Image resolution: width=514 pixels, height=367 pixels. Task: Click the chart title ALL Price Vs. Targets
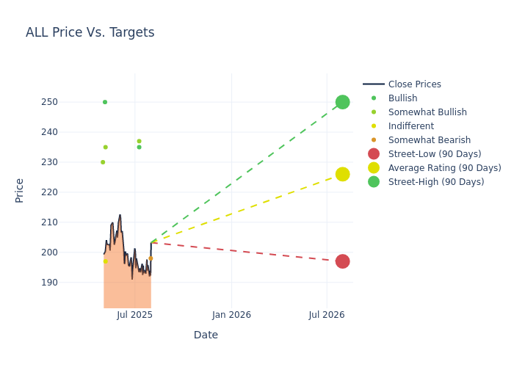pos(90,32)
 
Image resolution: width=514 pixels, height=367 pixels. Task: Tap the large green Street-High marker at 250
pos(342,102)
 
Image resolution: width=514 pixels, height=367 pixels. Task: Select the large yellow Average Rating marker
pos(342,174)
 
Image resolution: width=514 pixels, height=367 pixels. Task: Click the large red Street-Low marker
pos(342,261)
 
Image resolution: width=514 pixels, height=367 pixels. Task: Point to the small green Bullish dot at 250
pos(105,102)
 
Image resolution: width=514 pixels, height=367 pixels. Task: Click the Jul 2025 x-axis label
pos(134,315)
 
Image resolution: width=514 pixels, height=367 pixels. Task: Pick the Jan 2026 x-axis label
pos(231,315)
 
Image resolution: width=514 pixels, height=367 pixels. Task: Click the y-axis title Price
pos(20,190)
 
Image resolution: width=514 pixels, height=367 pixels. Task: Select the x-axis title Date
pos(206,335)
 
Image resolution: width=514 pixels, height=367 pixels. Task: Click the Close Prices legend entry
pos(414,84)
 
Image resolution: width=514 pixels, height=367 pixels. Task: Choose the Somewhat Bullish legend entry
pos(427,112)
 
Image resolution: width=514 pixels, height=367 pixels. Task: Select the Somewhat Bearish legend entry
pos(429,140)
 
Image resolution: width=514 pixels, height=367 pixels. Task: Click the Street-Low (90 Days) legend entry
pos(434,154)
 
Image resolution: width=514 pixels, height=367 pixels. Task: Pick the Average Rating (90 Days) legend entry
pos(444,168)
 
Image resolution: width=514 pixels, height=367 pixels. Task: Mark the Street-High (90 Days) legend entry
pos(435,182)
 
